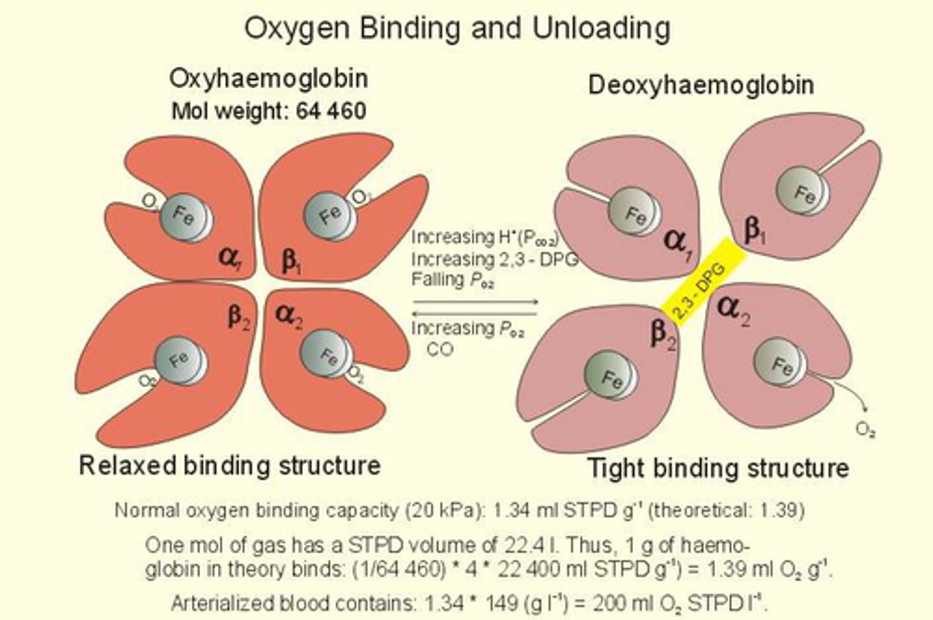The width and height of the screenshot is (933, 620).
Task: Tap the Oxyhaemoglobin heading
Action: pyautogui.click(x=268, y=78)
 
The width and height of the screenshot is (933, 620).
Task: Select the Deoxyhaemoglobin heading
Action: pyautogui.click(x=701, y=85)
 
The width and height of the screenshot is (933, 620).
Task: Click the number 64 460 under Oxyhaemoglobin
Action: pyautogui.click(x=331, y=111)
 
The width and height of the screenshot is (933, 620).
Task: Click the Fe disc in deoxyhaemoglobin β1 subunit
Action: pyautogui.click(x=802, y=193)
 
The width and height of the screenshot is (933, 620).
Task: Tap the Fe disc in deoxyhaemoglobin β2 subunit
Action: pyautogui.click(x=609, y=377)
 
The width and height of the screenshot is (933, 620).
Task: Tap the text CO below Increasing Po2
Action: pyautogui.click(x=440, y=349)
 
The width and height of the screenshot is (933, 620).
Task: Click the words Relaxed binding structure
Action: pyautogui.click(x=229, y=465)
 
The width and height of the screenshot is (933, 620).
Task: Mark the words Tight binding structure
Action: pyautogui.click(x=717, y=468)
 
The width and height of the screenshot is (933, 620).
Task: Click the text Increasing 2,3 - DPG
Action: pyautogui.click(x=494, y=259)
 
